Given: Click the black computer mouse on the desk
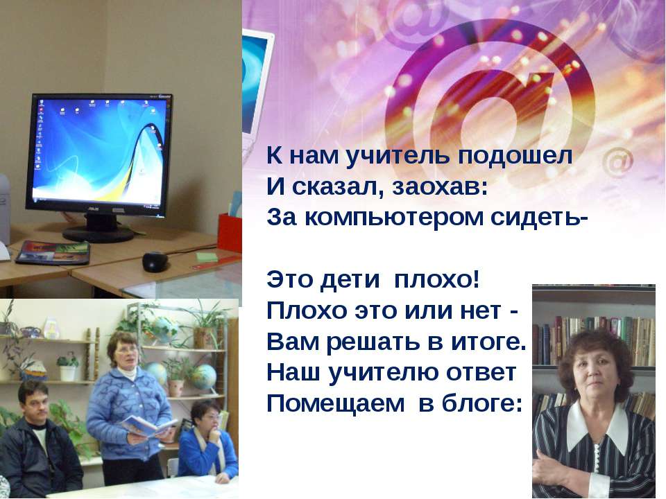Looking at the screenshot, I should (154, 261).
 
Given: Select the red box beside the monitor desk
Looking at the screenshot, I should (229, 232).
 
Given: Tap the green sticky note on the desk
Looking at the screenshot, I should (206, 256).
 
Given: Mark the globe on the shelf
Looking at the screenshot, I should (204, 376).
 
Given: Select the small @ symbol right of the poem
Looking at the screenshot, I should (617, 162).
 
